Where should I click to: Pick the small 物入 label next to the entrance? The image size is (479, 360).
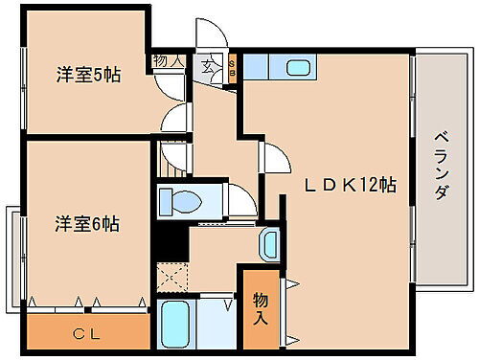(x=169, y=59)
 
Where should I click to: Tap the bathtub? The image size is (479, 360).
(x=175, y=325)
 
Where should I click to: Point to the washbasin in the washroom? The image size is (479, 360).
(x=270, y=243)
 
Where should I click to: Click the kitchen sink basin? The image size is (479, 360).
(x=298, y=69)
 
